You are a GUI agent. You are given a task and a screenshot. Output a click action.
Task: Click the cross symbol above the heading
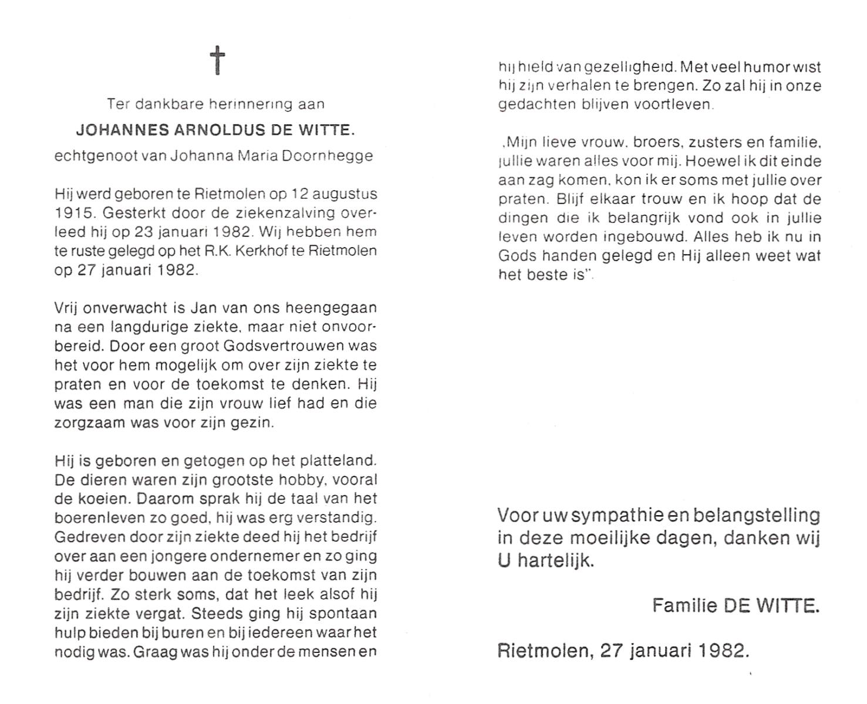click(x=217, y=60)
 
